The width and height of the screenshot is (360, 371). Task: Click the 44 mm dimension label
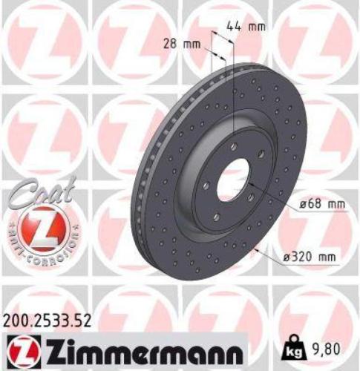click(246, 27)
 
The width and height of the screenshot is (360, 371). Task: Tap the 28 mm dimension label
click(183, 44)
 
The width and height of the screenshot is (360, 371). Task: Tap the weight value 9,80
click(331, 347)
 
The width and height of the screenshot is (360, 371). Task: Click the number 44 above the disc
click(235, 27)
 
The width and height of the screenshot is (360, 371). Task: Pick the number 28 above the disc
click(172, 44)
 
